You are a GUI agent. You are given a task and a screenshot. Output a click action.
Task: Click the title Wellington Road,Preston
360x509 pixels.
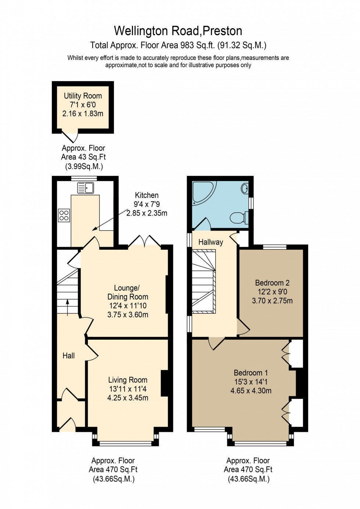click(178, 31)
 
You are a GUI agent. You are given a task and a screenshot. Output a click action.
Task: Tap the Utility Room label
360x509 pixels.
click(83, 96)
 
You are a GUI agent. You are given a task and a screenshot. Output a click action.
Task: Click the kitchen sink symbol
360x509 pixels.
click(86, 188)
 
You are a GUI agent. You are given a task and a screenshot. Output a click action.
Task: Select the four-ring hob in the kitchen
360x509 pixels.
click(64, 215)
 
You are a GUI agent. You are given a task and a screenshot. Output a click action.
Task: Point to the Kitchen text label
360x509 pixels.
click(147, 195)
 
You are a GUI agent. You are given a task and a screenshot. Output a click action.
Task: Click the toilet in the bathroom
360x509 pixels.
click(239, 218)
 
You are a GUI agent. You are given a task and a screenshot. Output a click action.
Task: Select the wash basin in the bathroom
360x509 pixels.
click(245, 189)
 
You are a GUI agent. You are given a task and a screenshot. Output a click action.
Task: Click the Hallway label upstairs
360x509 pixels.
click(210, 242)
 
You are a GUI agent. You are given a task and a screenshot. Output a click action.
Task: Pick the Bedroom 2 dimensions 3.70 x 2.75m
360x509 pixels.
click(272, 301)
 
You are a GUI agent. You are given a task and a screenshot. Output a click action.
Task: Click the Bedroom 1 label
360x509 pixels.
click(251, 373)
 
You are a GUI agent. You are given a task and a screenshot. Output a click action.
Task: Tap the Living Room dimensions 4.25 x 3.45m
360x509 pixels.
click(128, 398)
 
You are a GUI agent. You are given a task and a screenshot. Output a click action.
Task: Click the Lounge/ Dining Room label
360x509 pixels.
click(127, 292)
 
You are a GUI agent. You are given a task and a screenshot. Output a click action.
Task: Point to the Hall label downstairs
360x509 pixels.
click(69, 355)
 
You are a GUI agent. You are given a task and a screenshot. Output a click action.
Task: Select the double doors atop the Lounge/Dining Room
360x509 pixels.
click(145, 241)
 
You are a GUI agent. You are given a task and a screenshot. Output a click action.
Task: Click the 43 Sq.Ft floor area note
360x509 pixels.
click(83, 157)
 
